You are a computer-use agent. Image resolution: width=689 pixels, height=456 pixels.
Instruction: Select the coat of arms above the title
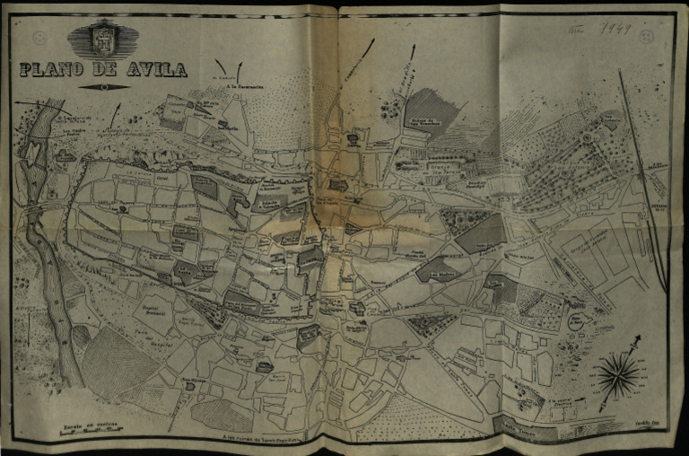coord(104,39)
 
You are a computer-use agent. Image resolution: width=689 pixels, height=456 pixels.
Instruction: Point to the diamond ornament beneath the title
coord(104,87)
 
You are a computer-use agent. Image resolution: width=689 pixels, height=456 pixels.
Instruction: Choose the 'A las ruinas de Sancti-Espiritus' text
coord(261,439)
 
